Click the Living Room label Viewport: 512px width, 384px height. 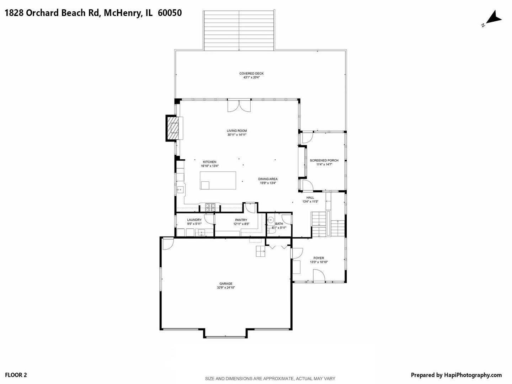tap(237, 131)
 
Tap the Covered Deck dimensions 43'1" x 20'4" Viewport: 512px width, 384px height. tap(251, 78)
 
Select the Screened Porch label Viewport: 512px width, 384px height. tap(324, 160)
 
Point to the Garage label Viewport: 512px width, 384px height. tap(226, 284)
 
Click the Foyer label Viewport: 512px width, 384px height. tap(319, 258)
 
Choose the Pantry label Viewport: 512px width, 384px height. tap(241, 220)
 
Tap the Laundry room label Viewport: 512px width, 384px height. tap(194, 220)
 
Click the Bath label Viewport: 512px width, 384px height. tap(279, 224)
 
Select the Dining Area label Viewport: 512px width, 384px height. tap(268, 179)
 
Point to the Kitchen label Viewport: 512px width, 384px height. tap(209, 162)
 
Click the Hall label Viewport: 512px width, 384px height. tap(310, 198)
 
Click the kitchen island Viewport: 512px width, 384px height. tap(218, 180)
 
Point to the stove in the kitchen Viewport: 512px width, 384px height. tap(210, 207)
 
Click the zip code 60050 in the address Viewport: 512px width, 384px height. tap(170, 13)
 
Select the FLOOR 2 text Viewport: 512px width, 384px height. tap(16, 375)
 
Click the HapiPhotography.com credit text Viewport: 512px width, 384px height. tap(473, 375)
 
